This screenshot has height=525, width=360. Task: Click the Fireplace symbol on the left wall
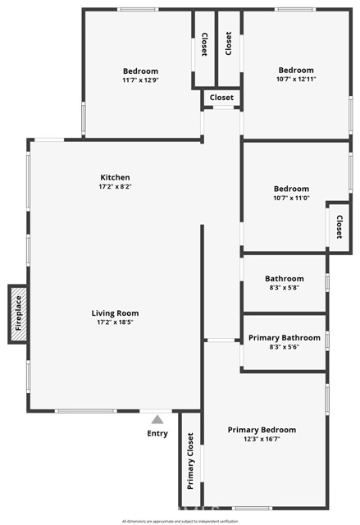coord(18,313)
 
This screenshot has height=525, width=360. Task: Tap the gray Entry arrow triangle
coord(157,420)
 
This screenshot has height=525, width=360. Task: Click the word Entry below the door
coord(157,433)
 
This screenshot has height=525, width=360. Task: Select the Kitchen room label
coord(115,177)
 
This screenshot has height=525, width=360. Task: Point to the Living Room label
coord(115,313)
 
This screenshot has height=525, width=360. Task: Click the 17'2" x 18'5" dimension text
coord(115,322)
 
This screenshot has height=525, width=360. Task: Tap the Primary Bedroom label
coord(262,430)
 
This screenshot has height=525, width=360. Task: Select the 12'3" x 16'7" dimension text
coord(262,440)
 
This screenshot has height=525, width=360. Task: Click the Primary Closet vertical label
coord(190,460)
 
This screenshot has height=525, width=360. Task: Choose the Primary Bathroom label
coord(284,337)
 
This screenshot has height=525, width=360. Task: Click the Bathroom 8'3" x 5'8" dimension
coord(285,288)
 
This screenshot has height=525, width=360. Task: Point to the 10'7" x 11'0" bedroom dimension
coord(291,199)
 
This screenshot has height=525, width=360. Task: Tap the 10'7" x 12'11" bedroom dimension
coord(295,80)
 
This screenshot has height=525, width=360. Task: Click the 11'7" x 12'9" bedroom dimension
coord(140,80)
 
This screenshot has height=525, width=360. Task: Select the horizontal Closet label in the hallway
coord(221,98)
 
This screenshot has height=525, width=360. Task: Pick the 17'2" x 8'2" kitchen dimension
coord(115,187)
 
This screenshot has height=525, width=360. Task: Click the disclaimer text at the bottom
coord(180,521)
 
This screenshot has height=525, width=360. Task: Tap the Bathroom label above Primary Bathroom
coord(285,279)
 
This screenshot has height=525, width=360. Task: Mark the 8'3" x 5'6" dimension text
coord(284,347)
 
